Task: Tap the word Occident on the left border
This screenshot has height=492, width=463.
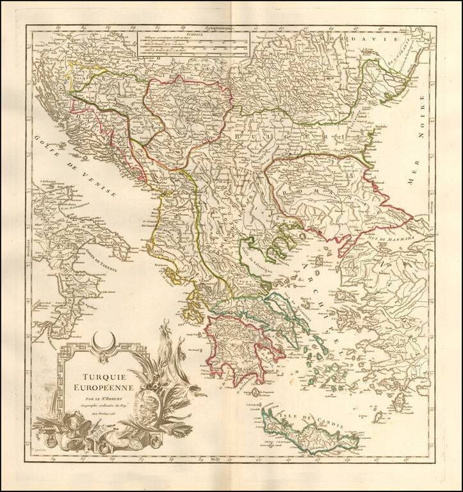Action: click(30, 240)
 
